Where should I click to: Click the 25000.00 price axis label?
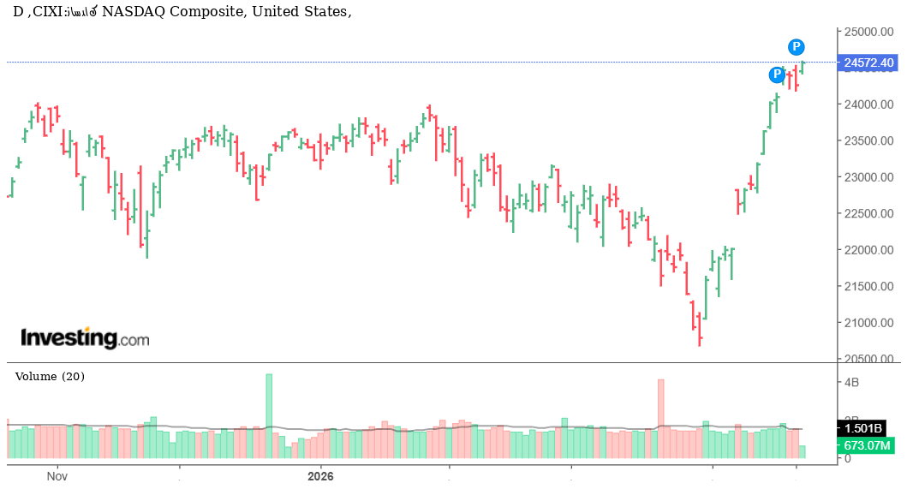click(x=868, y=32)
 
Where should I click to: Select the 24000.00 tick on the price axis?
click(x=868, y=104)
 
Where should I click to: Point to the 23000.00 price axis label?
click(x=868, y=177)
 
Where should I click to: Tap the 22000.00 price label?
click(x=868, y=250)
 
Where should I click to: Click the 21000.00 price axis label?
click(x=868, y=323)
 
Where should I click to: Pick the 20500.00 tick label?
click(x=868, y=359)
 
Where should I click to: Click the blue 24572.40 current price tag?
click(x=868, y=63)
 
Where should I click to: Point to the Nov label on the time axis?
click(x=57, y=475)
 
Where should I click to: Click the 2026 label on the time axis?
click(x=320, y=475)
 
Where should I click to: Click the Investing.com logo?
click(x=85, y=338)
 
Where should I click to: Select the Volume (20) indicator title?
click(x=51, y=376)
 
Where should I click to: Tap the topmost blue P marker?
click(x=797, y=46)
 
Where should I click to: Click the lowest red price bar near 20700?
click(x=700, y=330)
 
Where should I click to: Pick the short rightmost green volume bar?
click(x=802, y=451)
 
